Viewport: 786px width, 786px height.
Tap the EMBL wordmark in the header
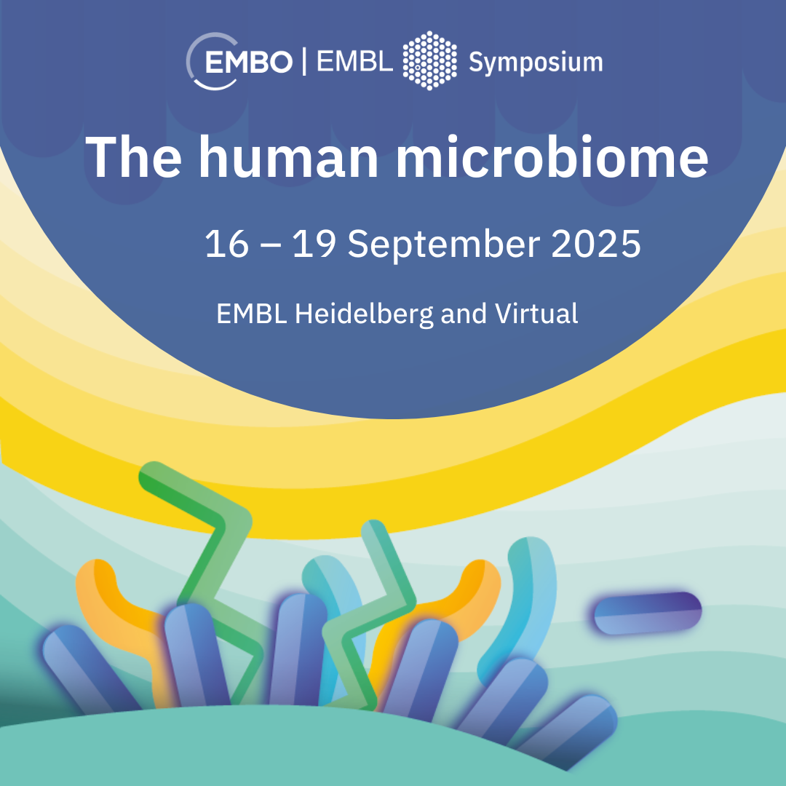tap(354, 62)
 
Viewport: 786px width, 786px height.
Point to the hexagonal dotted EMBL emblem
tap(429, 60)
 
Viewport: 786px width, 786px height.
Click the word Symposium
tap(536, 63)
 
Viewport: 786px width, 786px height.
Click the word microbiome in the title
tap(552, 156)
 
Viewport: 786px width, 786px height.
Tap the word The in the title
tap(133, 156)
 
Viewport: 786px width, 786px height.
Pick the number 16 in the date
tap(226, 244)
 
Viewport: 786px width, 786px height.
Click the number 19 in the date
tap(314, 244)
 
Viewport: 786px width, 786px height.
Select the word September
tap(444, 245)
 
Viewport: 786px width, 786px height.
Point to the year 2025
tap(595, 244)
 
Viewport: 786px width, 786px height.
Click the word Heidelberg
tap(364, 315)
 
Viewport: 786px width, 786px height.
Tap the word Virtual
tap(536, 313)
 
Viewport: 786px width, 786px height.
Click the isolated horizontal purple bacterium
tap(648, 613)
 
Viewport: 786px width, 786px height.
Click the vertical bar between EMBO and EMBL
tap(304, 61)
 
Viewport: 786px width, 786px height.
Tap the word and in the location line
tap(464, 314)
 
